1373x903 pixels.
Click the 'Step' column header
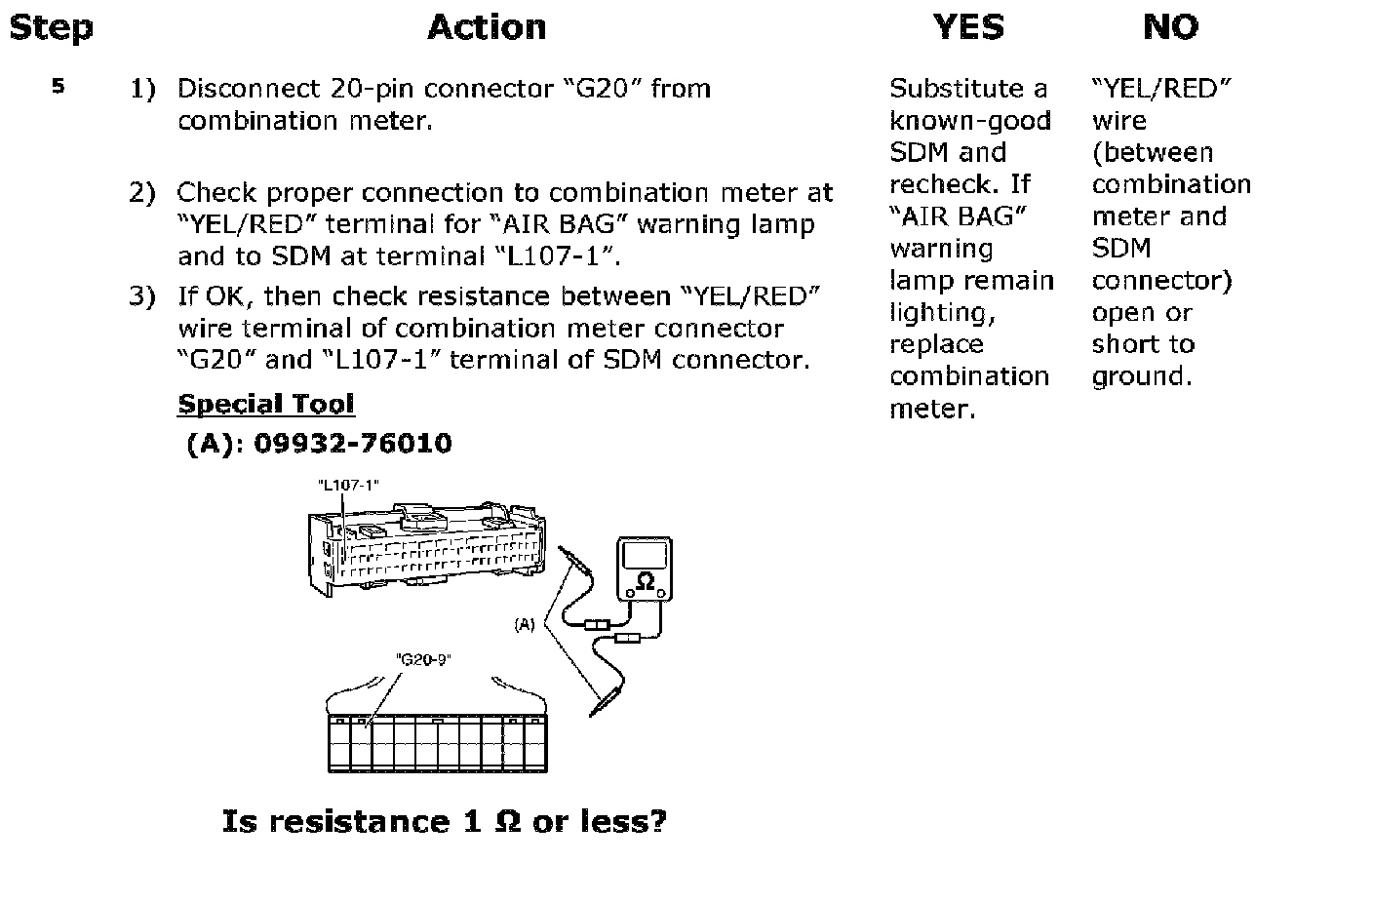click(x=51, y=28)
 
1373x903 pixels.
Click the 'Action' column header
click(x=487, y=27)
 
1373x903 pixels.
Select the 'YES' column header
click(x=968, y=27)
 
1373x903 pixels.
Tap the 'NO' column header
click(x=1171, y=27)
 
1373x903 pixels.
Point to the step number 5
click(x=59, y=87)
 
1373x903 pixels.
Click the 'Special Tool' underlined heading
click(x=266, y=404)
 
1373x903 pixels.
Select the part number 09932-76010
click(x=352, y=444)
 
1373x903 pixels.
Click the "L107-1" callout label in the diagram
click(x=348, y=485)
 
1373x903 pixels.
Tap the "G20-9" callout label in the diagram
click(x=423, y=659)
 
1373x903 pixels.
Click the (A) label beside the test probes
click(x=525, y=625)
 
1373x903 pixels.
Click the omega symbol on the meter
click(x=645, y=581)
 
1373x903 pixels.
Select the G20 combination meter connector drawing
click(x=438, y=742)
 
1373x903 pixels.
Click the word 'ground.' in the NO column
click(x=1142, y=377)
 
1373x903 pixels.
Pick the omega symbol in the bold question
click(x=507, y=821)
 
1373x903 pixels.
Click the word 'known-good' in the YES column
click(x=970, y=121)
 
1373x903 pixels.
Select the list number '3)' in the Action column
click(x=142, y=296)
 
